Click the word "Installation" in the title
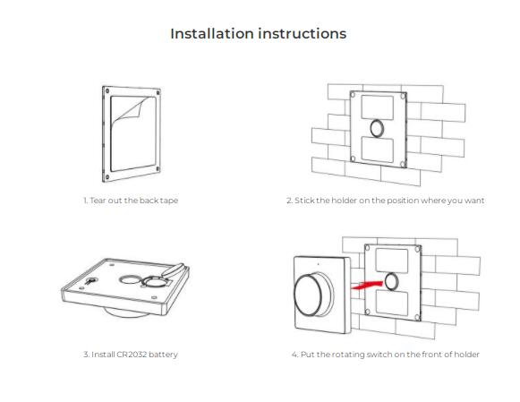click(x=212, y=33)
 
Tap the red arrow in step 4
click(x=367, y=285)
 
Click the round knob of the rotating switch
click(x=310, y=295)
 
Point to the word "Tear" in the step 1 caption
click(x=97, y=201)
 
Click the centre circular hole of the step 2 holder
click(x=377, y=128)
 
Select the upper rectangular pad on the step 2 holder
click(x=378, y=107)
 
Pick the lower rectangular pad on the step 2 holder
click(x=378, y=150)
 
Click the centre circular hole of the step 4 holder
click(x=392, y=282)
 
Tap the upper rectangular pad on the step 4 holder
click(x=392, y=261)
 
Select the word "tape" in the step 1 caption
click(x=169, y=201)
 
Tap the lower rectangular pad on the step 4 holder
click(x=392, y=303)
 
